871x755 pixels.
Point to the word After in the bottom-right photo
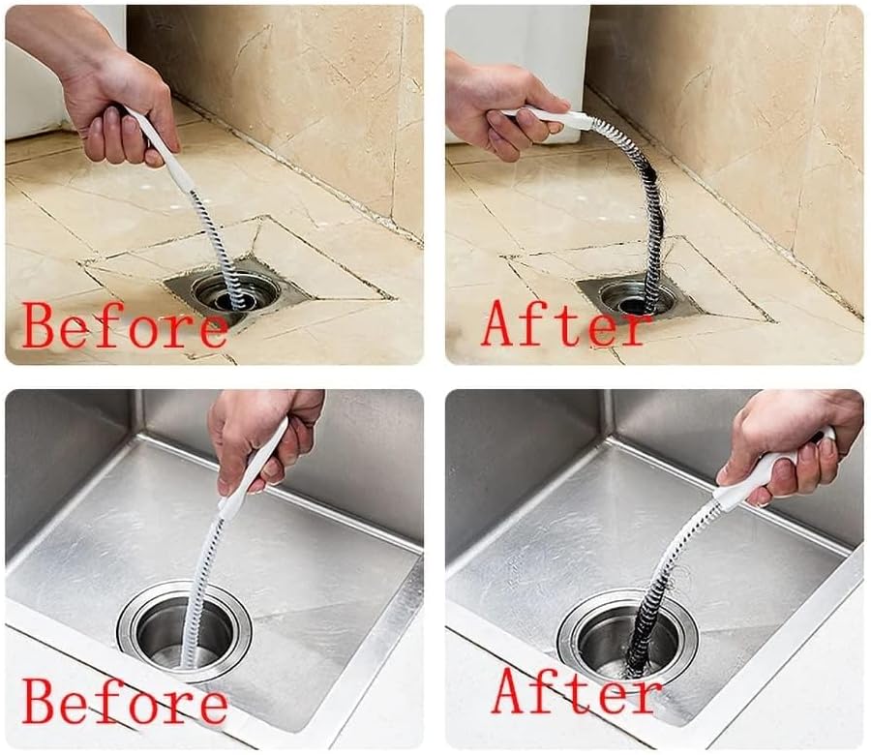[577, 691]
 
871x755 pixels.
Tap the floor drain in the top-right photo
[634, 294]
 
